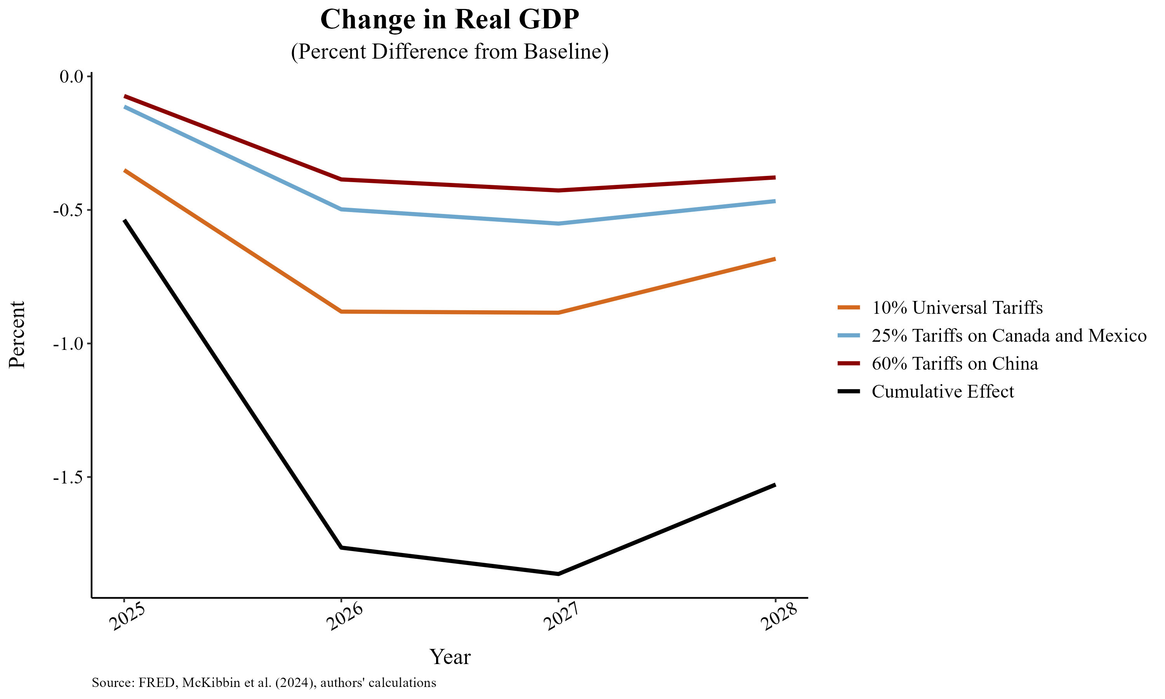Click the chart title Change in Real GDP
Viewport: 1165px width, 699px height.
point(449,20)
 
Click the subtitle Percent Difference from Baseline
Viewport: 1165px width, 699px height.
point(449,51)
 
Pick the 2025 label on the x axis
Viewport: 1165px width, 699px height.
point(126,616)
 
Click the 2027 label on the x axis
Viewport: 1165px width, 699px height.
point(561,616)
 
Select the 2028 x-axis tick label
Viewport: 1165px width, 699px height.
point(779,616)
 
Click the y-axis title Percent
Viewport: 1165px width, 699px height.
point(17,334)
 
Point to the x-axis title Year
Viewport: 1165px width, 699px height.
point(450,657)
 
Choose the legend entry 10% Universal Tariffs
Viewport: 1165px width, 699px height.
point(957,308)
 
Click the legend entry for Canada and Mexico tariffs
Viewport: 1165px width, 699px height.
point(1009,336)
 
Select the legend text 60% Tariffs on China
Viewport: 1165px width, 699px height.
point(955,363)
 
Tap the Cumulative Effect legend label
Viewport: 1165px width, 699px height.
point(942,391)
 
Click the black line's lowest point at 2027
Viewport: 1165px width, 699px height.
point(558,574)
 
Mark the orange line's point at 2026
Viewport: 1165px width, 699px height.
point(341,311)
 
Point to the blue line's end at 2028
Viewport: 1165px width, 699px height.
point(775,201)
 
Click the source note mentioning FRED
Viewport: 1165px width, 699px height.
point(264,683)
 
